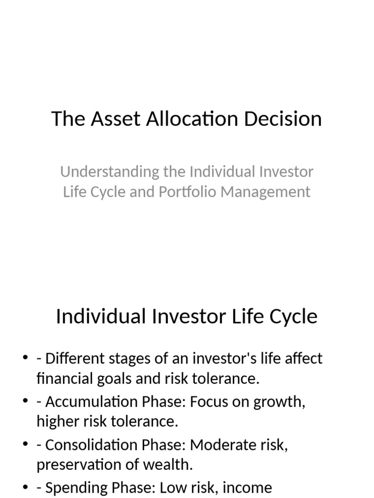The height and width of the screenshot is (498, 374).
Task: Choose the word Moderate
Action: tap(220, 445)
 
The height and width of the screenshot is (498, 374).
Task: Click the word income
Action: tap(242, 487)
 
